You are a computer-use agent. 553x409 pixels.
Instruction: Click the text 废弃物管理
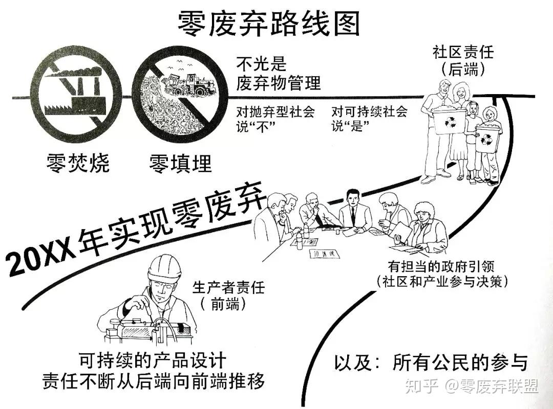(278, 83)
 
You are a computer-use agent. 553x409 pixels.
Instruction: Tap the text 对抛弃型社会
(275, 111)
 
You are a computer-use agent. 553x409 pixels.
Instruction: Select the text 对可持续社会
(369, 111)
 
